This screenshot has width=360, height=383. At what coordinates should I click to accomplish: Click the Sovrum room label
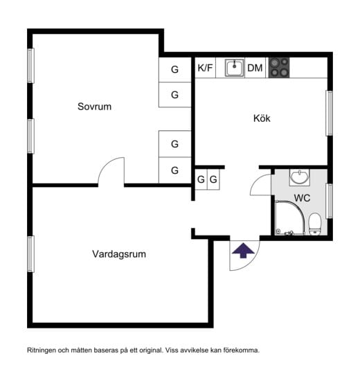[x=94, y=107]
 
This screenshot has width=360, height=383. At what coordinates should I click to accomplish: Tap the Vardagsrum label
[x=119, y=254]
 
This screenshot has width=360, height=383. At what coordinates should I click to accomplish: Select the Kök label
[x=262, y=118]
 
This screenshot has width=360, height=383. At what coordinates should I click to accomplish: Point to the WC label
[x=302, y=198]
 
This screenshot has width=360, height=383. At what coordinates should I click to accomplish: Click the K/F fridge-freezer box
[x=205, y=68]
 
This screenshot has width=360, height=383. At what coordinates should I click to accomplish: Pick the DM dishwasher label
[x=255, y=68]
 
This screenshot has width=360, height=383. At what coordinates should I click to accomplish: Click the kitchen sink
[x=235, y=68]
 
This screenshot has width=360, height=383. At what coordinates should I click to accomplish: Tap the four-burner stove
[x=279, y=68]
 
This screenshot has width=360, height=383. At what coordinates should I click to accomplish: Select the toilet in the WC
[x=315, y=224]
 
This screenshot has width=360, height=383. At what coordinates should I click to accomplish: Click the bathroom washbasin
[x=300, y=177]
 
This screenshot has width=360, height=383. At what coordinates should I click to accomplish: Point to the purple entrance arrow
[x=243, y=250]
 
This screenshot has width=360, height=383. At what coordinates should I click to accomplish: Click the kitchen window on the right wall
[x=330, y=113]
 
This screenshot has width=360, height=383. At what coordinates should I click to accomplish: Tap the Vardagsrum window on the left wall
[x=30, y=254]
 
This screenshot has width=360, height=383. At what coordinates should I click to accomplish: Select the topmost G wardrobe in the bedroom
[x=175, y=70]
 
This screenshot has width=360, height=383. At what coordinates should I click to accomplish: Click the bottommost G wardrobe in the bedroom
[x=175, y=170]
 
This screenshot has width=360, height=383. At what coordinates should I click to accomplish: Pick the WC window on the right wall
[x=330, y=201]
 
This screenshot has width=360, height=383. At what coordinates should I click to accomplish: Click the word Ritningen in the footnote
[x=42, y=350]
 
